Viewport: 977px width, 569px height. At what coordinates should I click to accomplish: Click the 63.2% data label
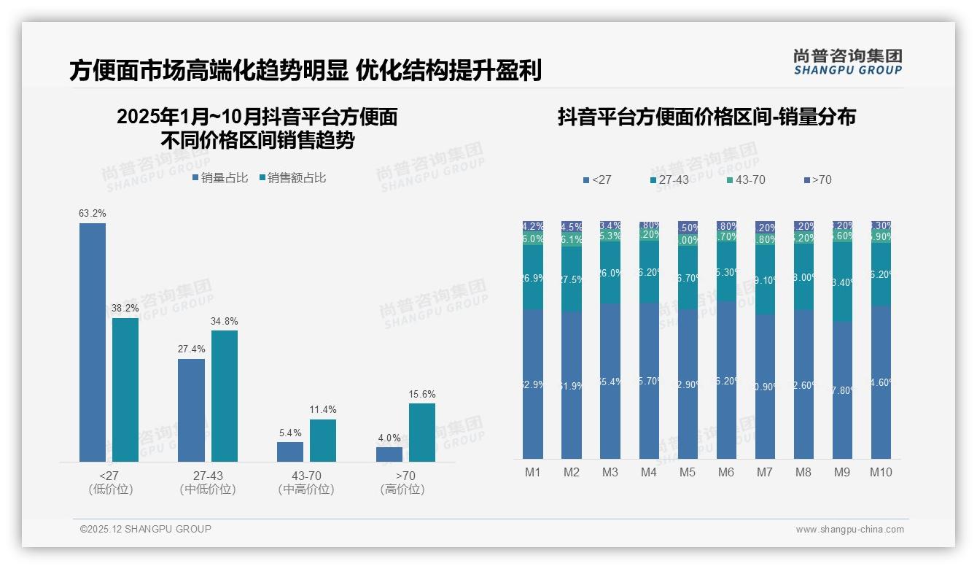coord(93,214)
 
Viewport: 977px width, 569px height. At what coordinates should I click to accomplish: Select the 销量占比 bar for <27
coord(93,342)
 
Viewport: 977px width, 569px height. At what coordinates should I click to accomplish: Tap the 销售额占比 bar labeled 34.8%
coord(225,395)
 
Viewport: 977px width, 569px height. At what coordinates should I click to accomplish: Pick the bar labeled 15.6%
coord(422,432)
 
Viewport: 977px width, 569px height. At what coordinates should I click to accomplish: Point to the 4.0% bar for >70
coord(389,454)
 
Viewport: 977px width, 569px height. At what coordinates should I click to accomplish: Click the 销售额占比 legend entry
coord(292,178)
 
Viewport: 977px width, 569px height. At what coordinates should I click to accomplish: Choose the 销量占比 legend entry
coord(220,178)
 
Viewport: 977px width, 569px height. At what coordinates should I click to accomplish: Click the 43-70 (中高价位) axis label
coord(306,482)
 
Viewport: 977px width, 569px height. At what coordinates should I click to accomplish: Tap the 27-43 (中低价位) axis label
coord(208,482)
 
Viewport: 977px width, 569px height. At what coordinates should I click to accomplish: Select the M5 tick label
coord(688,473)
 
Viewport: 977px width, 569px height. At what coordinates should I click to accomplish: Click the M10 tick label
coord(881,473)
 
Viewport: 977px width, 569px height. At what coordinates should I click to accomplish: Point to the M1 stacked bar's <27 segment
coord(533,384)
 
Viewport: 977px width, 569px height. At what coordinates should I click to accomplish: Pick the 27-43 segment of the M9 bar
coord(842,282)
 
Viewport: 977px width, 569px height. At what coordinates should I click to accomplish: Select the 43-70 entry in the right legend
coord(747,179)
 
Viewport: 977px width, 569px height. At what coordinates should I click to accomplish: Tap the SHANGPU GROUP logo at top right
coord(847,61)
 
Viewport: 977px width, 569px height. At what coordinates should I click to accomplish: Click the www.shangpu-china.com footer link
coord(849,530)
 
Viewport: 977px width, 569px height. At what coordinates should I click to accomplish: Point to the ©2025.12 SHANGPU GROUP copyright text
coord(146,529)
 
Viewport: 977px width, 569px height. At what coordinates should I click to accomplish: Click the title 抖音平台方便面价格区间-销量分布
coord(707,117)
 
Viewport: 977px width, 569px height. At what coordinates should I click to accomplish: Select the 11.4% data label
coord(323,410)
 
